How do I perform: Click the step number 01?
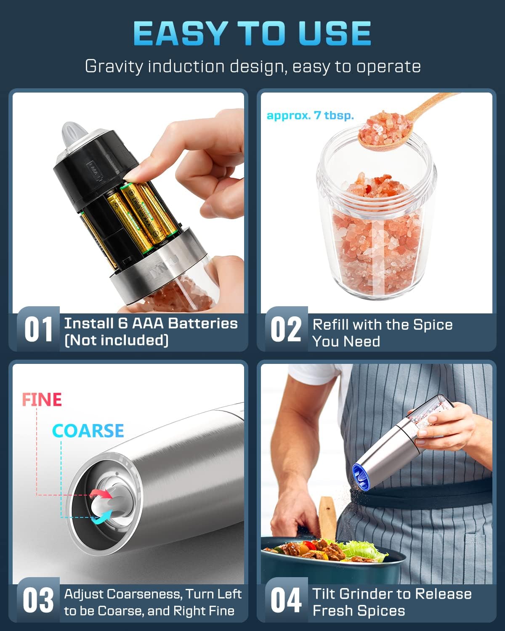click(38, 329)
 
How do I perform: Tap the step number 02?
click(286, 329)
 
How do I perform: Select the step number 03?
click(38, 600)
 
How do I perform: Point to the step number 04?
click(286, 600)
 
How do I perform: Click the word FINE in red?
click(42, 400)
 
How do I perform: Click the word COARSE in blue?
click(88, 431)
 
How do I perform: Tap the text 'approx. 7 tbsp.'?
click(310, 116)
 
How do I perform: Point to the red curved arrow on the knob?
click(101, 493)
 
